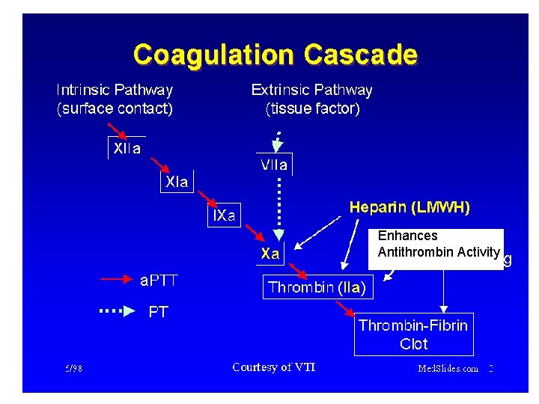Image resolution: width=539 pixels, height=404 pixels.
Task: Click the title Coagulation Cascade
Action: coord(275,55)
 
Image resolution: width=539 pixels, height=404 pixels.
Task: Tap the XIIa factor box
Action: coord(127,148)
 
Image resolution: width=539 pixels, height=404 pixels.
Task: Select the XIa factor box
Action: coord(177,182)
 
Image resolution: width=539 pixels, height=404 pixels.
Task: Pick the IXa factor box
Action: coord(224,215)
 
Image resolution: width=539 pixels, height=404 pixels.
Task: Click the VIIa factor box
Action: coord(273,165)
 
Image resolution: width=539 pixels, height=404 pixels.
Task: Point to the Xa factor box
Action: coord(270,254)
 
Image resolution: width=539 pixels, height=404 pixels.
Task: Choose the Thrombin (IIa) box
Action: coord(317,287)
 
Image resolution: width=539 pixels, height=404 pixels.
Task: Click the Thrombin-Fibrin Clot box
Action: coord(413,334)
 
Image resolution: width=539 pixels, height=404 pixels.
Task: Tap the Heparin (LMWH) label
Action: coord(409,207)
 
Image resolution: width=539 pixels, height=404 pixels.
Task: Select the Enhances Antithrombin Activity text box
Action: coord(437,245)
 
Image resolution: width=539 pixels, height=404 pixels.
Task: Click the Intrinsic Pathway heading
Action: coord(115,91)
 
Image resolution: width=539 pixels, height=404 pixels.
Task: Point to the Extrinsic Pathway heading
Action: coord(311,91)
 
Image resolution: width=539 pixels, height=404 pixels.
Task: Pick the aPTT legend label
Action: coord(159,281)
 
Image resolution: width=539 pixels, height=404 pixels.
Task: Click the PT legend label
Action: coord(158,312)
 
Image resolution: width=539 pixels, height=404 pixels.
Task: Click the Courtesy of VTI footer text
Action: coord(274,367)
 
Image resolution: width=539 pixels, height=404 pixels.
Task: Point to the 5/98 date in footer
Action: coord(73,368)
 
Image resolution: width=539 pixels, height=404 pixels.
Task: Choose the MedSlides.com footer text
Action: coord(448,368)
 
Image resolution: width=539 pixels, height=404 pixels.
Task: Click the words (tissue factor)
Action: coord(312,109)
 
